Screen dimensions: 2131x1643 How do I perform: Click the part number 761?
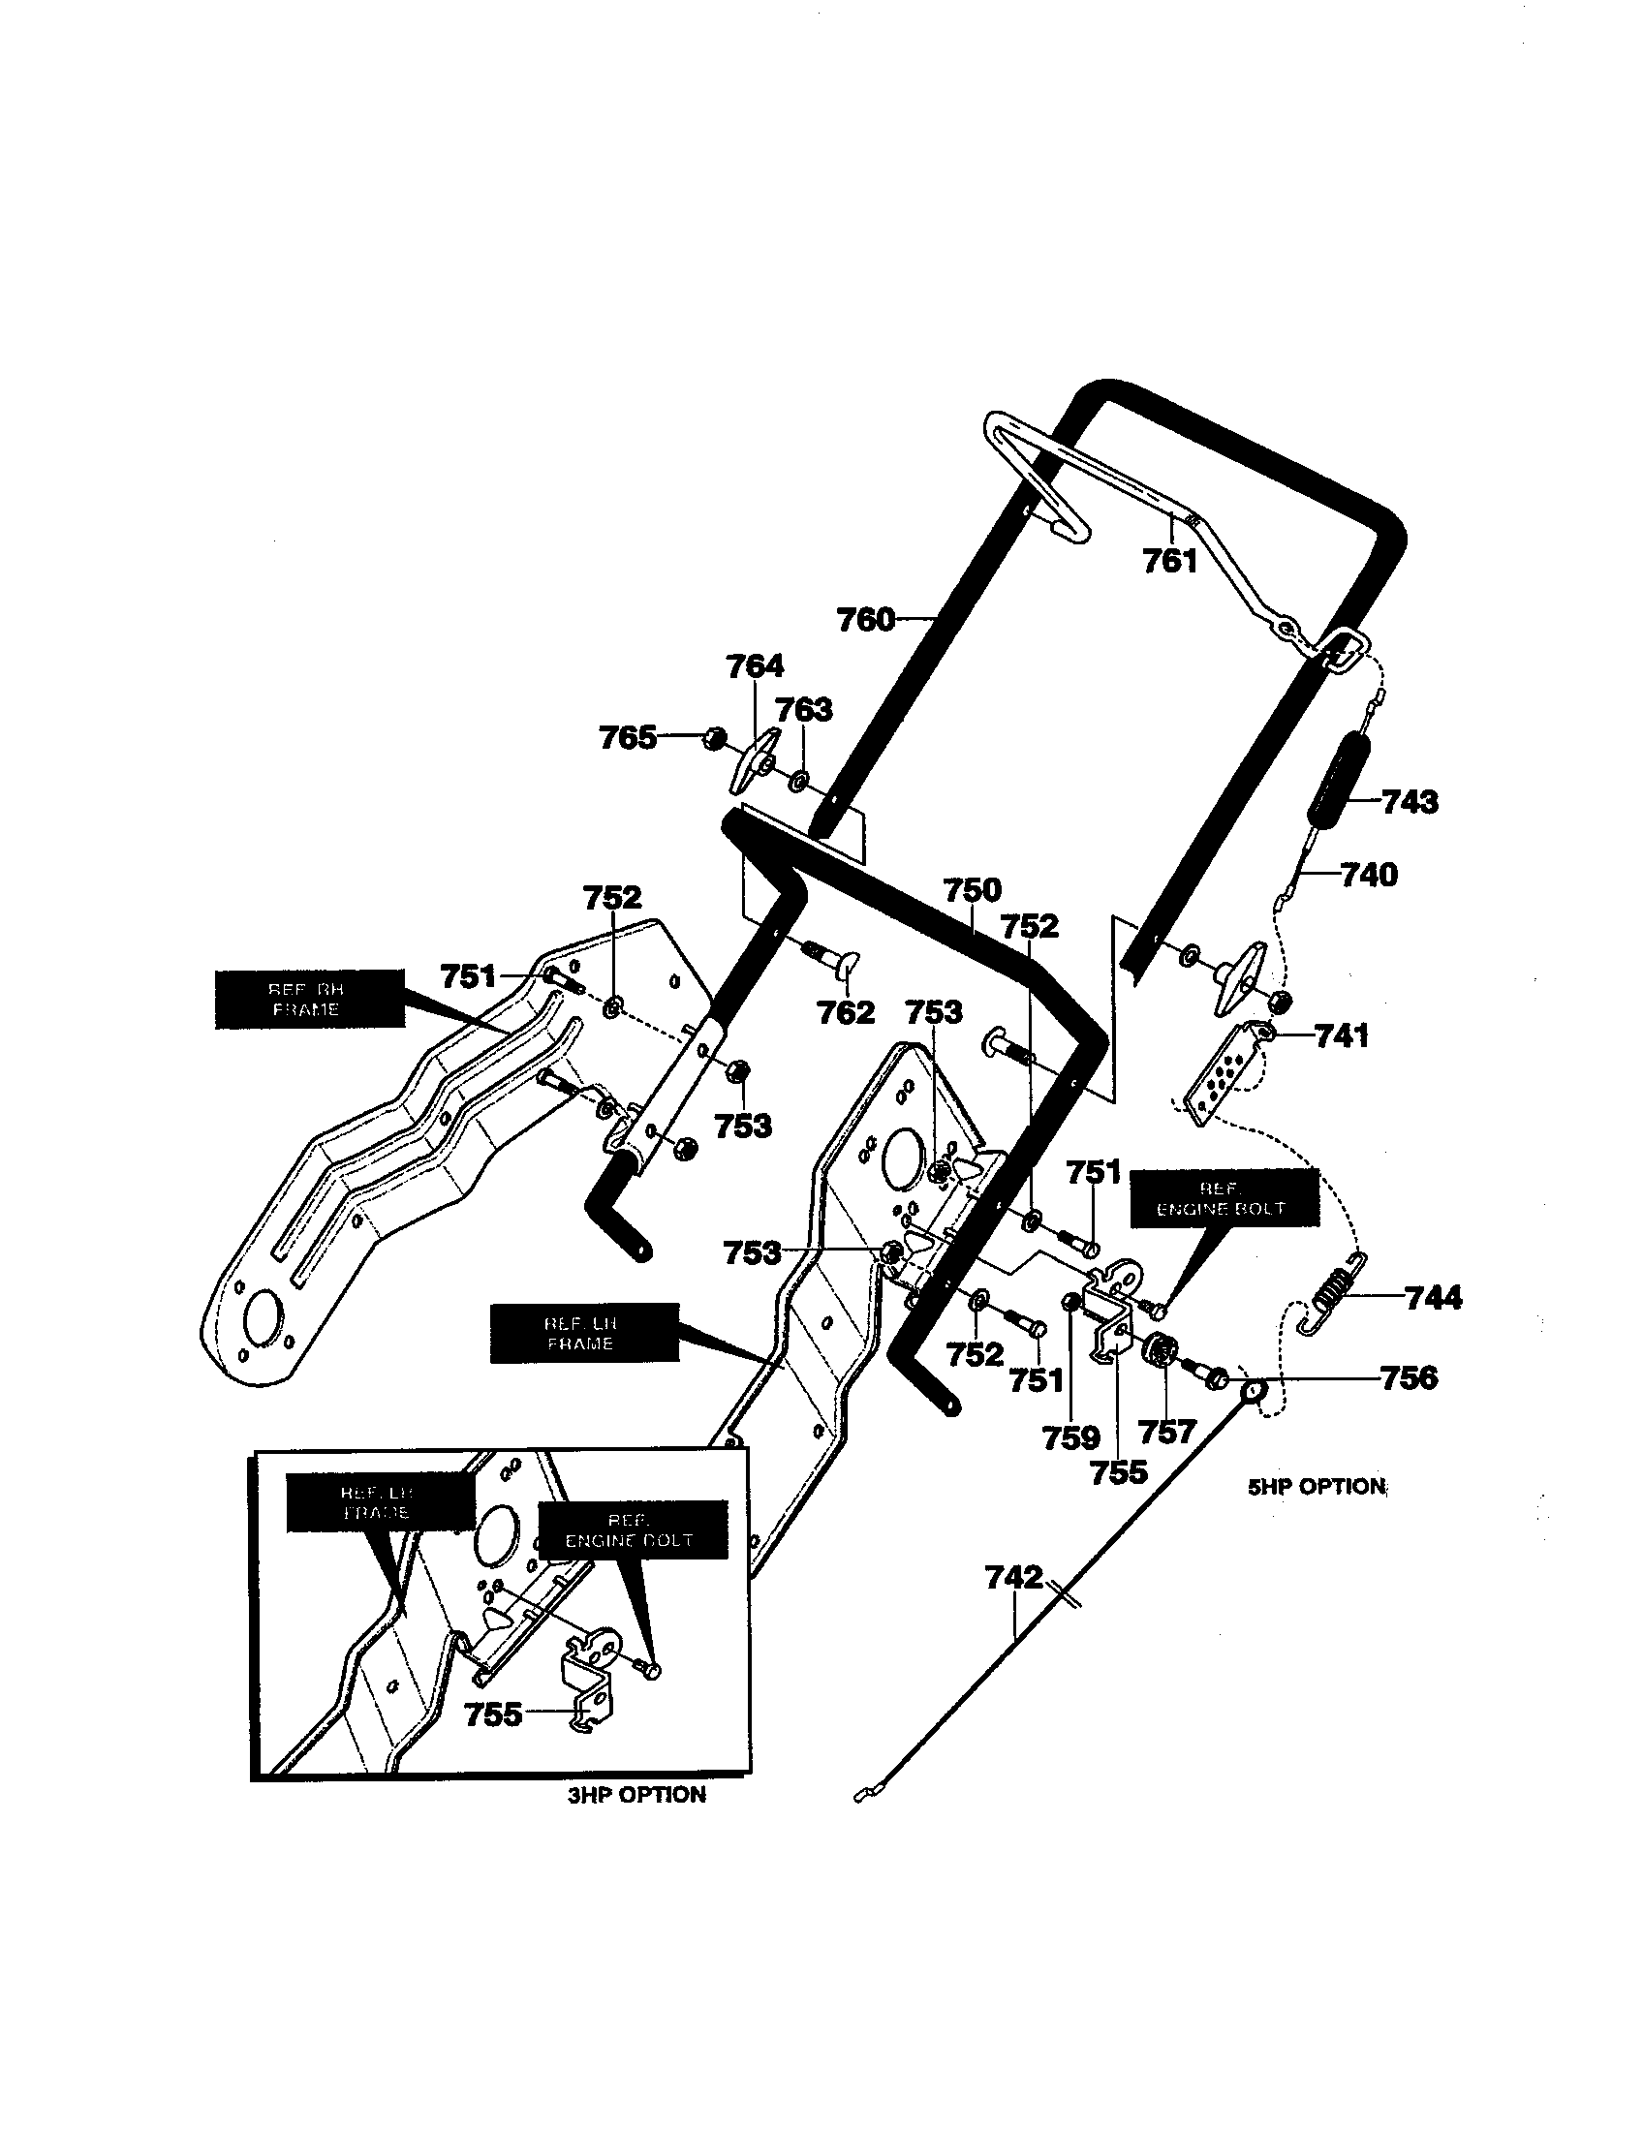(x=1169, y=560)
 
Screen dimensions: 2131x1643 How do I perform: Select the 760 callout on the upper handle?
(x=865, y=620)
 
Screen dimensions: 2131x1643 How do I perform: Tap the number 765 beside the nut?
(x=628, y=738)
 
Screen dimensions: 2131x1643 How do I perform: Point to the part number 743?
(x=1410, y=802)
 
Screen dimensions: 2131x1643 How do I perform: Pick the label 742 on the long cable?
(x=1013, y=1577)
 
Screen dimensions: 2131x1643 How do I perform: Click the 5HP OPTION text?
(x=1317, y=1487)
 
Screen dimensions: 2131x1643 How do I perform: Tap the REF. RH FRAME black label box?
(x=308, y=1000)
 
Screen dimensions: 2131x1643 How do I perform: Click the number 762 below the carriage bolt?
(x=845, y=1013)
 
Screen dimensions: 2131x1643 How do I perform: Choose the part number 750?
(x=973, y=890)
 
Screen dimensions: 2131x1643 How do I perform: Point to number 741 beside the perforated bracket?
(x=1342, y=1035)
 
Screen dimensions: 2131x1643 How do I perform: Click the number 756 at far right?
(x=1409, y=1377)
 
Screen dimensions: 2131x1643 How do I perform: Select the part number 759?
(x=1070, y=1437)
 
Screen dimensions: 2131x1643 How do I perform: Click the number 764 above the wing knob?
(x=755, y=666)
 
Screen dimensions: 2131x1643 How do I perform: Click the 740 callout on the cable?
(x=1369, y=875)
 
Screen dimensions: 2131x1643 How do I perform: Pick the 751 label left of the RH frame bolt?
(x=468, y=975)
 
